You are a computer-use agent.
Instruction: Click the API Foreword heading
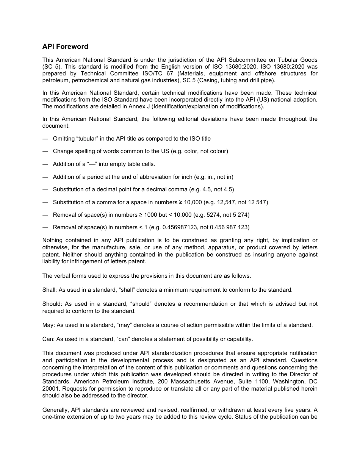[x=65, y=47]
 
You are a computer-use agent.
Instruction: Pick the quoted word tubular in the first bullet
[x=86, y=139]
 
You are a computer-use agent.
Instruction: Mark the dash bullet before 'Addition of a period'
[x=45, y=177]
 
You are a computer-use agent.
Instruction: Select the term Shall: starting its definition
[x=49, y=290]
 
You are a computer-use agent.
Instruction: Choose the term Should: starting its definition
[x=52, y=304]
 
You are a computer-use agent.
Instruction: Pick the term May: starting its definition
[x=49, y=325]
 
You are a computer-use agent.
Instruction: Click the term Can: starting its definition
[x=49, y=339]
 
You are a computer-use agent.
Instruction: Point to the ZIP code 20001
[x=50, y=389]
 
